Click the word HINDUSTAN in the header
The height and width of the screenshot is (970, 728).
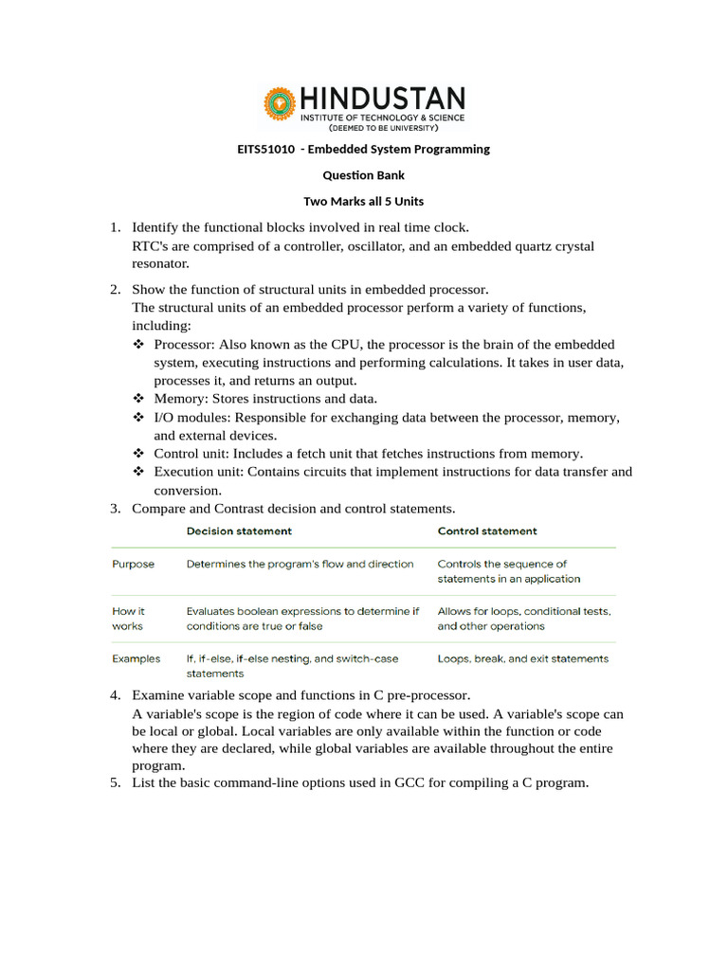point(382,99)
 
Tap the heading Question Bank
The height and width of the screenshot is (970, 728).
point(364,175)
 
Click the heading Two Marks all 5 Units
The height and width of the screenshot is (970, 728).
point(364,201)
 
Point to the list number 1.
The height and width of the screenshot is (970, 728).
point(114,227)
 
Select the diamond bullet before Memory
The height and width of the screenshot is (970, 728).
point(138,399)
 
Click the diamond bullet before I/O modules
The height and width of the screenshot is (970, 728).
point(138,417)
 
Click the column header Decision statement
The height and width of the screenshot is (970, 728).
point(239,531)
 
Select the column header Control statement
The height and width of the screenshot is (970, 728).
point(487,531)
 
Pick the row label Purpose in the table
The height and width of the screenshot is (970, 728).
point(134,564)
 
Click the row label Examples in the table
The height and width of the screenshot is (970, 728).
point(136,658)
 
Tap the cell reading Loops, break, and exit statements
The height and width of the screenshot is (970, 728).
point(523,658)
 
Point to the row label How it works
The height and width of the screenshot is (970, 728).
point(129,619)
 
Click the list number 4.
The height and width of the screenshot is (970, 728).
point(114,695)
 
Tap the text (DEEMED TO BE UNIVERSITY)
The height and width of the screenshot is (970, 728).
point(383,127)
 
